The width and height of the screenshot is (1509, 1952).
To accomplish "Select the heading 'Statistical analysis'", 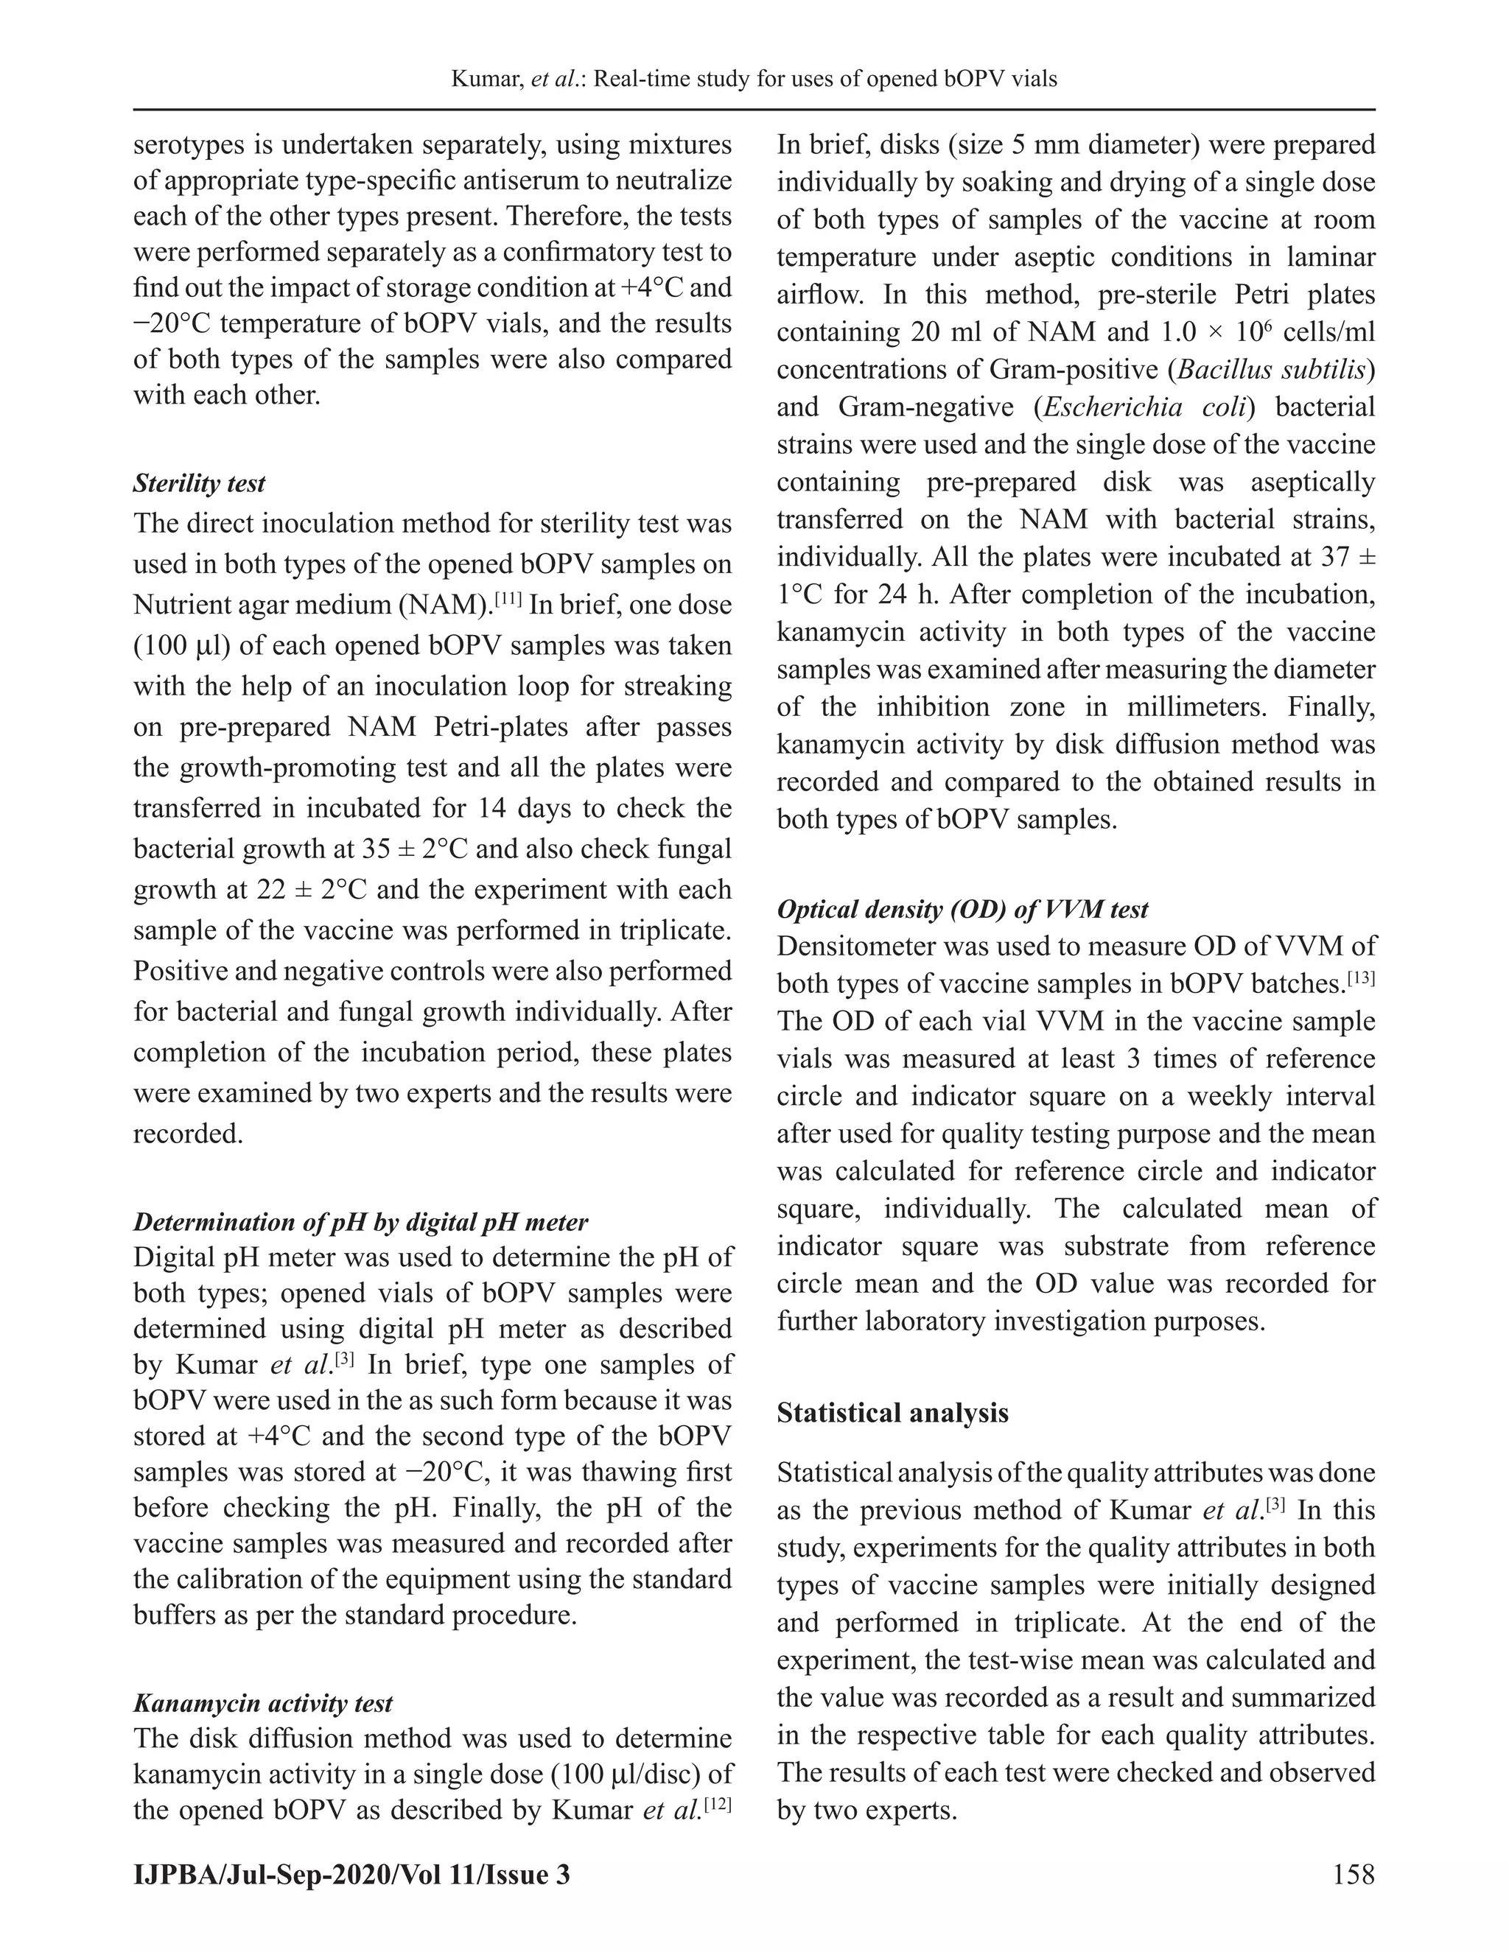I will pyautogui.click(x=892, y=1413).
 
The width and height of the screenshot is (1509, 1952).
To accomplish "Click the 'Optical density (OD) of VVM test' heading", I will pyautogui.click(x=962, y=909).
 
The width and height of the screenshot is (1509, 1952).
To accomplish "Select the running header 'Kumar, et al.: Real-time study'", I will pyautogui.click(x=754, y=79).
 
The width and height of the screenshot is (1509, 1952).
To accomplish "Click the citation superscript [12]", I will pyautogui.click(x=718, y=1802).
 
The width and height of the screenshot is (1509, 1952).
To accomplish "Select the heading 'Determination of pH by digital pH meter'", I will pyautogui.click(x=360, y=1222).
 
